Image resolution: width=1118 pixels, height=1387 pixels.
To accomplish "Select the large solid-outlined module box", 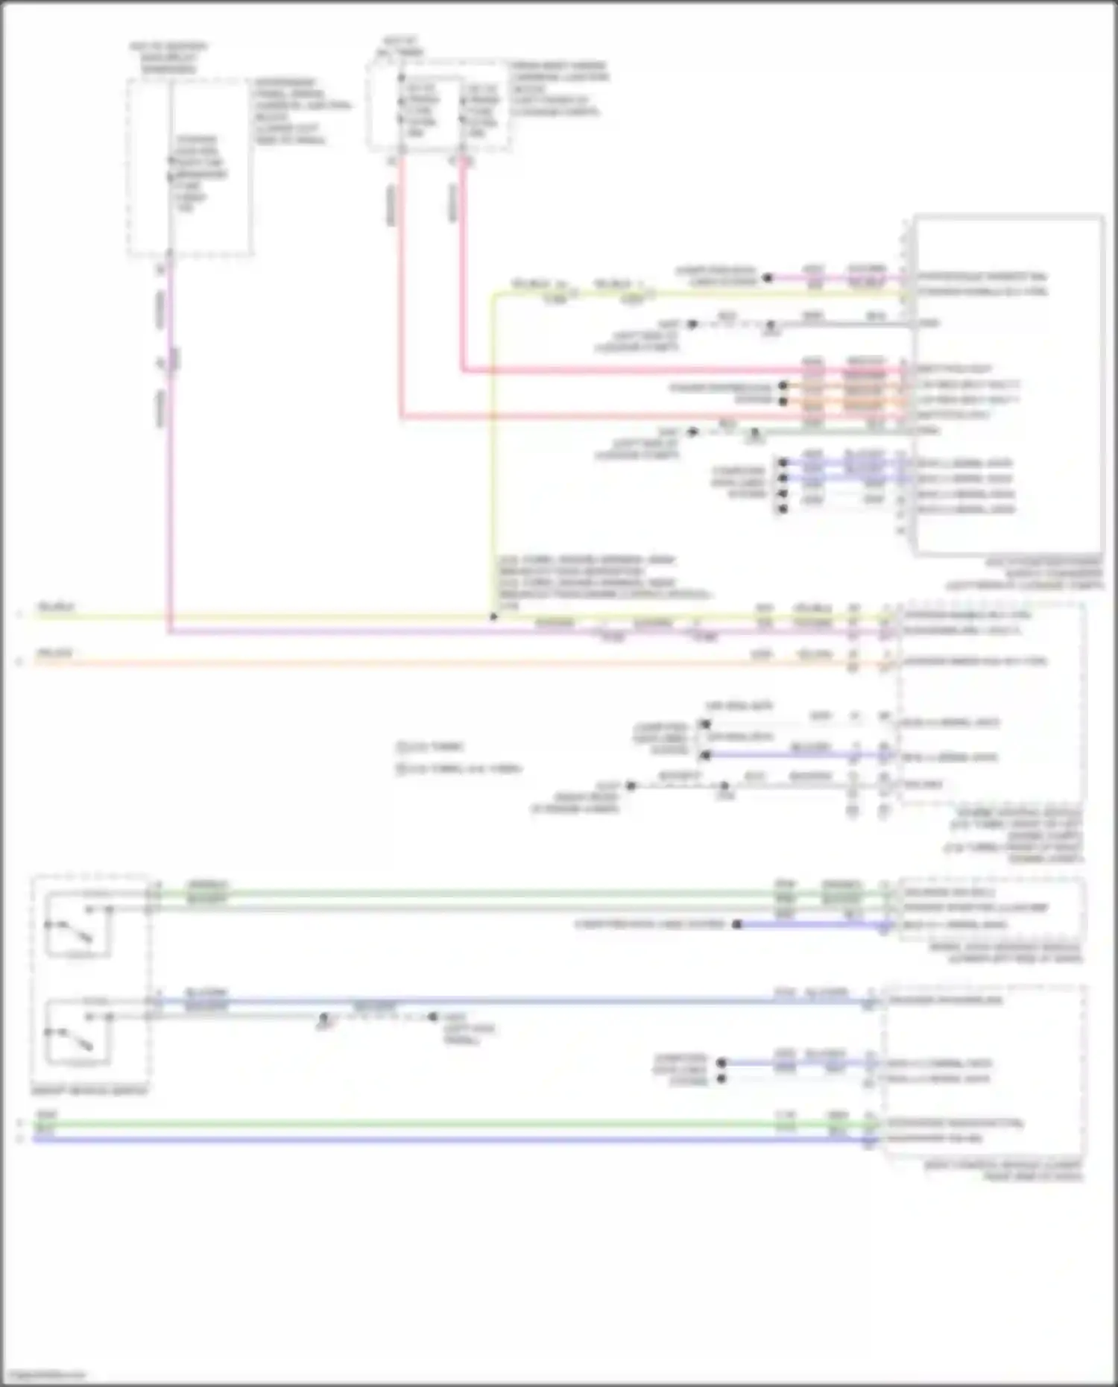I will (1008, 386).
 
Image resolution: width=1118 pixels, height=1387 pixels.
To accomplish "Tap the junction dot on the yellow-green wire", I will (493, 617).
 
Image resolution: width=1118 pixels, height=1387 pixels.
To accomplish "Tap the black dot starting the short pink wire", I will (767, 279).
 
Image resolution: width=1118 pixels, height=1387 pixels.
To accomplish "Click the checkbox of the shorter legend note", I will (400, 746).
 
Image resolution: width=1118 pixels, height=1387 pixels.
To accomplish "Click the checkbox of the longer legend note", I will (400, 768).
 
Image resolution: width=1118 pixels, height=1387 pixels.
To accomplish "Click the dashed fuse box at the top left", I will (190, 168).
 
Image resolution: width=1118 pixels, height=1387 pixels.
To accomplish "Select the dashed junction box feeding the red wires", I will (438, 106).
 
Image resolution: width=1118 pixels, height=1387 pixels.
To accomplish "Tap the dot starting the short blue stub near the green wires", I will (736, 925).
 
